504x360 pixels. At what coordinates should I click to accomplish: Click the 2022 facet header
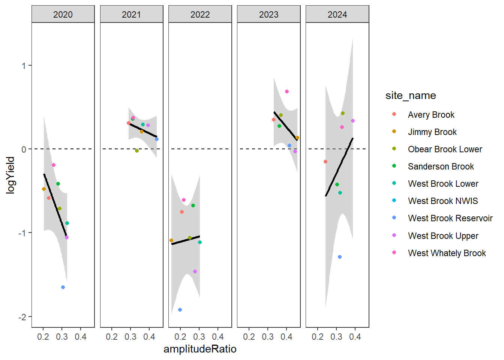pyautogui.click(x=200, y=14)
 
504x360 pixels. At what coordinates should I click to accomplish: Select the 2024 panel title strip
pyautogui.click(x=337, y=14)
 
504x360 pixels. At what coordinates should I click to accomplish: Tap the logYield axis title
pyautogui.click(x=10, y=175)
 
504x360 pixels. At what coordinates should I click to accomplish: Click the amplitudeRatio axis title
pyautogui.click(x=200, y=349)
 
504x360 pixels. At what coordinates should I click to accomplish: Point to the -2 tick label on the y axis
pyautogui.click(x=23, y=317)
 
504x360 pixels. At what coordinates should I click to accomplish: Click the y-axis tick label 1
pyautogui.click(x=24, y=66)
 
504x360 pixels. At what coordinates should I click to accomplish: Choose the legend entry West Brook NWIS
pyautogui.click(x=443, y=201)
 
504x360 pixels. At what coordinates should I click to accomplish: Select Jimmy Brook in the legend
pyautogui.click(x=432, y=132)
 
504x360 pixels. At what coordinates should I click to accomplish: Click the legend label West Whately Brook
pyautogui.click(x=447, y=253)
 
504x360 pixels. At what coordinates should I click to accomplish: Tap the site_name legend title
pyautogui.click(x=411, y=96)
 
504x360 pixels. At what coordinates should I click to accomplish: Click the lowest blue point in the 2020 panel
pyautogui.click(x=63, y=287)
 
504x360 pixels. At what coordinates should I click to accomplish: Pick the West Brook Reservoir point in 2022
pyautogui.click(x=180, y=310)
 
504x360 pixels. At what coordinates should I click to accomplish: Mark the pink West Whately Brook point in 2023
pyautogui.click(x=287, y=91)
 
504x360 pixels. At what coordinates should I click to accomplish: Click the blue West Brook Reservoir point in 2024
pyautogui.click(x=340, y=257)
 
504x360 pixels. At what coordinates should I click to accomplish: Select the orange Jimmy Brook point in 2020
pyautogui.click(x=44, y=189)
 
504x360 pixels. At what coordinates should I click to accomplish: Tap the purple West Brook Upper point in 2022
pyautogui.click(x=195, y=271)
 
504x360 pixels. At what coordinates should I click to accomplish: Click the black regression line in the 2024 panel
pyautogui.click(x=339, y=167)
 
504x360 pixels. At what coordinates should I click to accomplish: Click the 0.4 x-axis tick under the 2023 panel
pyautogui.click(x=286, y=337)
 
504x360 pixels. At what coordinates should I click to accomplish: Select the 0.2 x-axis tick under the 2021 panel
pyautogui.click(x=112, y=337)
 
